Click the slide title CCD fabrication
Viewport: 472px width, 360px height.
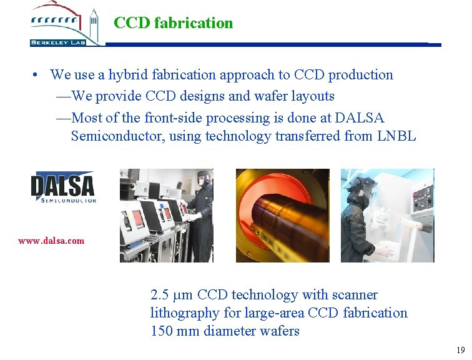(x=173, y=23)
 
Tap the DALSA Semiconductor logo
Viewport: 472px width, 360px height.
(x=63, y=187)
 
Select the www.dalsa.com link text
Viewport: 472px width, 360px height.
(x=51, y=240)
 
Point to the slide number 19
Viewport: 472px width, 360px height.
(x=460, y=350)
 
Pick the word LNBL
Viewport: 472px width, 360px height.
(x=396, y=136)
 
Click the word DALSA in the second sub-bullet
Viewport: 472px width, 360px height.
(x=360, y=117)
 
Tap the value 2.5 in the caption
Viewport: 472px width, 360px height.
(x=160, y=294)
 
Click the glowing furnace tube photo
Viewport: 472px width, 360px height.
(x=282, y=215)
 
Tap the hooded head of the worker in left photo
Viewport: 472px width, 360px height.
(x=203, y=179)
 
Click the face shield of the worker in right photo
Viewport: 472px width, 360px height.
(x=367, y=185)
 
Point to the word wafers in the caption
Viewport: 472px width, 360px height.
(x=279, y=331)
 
